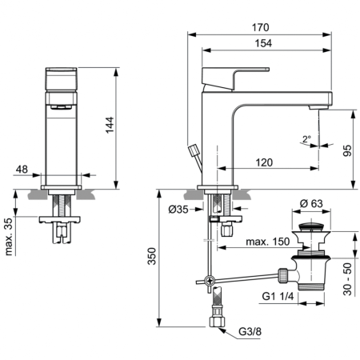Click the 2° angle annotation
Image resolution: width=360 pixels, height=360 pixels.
306,138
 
